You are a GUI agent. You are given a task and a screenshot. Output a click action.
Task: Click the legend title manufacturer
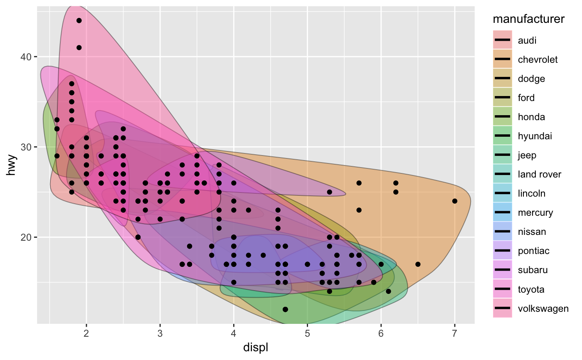click(x=528, y=19)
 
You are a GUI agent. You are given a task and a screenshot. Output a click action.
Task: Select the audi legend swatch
click(x=503, y=40)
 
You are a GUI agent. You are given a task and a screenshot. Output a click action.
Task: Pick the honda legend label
click(x=531, y=117)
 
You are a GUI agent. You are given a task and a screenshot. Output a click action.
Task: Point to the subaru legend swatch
click(x=503, y=270)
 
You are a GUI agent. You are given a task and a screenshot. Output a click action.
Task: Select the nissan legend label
click(x=532, y=232)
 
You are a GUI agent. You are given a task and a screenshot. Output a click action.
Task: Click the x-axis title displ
click(x=256, y=347)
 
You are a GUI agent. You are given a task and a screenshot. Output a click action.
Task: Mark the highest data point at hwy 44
click(x=79, y=20)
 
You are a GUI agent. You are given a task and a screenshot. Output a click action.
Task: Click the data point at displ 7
click(x=454, y=201)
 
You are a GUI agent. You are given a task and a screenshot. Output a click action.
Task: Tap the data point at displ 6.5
click(x=418, y=264)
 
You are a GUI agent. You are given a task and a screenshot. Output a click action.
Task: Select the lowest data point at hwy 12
click(x=285, y=309)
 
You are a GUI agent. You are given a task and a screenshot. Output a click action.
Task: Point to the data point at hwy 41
click(x=79, y=47)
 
